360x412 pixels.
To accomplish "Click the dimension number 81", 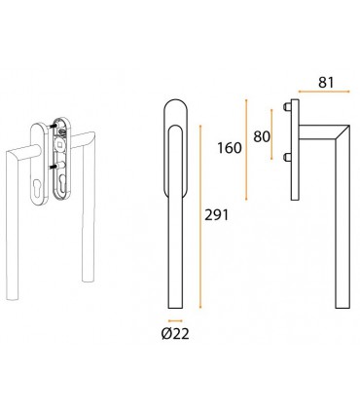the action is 326,83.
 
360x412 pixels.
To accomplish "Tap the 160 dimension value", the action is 230,148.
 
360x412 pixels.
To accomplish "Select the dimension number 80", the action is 262,136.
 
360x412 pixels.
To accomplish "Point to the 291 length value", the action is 216,215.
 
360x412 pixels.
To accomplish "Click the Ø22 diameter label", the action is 175,334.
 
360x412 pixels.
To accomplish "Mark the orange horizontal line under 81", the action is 324,92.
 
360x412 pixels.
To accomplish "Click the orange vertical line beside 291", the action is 200,216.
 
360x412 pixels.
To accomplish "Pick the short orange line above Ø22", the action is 175,321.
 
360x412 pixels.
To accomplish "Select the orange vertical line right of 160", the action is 246,150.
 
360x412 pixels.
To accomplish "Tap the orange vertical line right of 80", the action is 271,134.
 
